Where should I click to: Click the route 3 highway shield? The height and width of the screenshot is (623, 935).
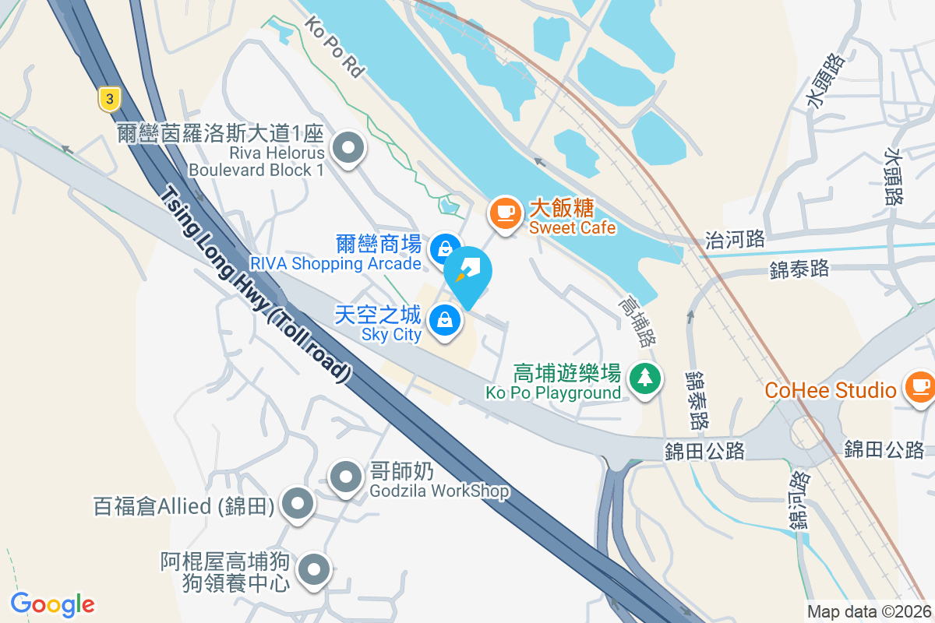point(110,98)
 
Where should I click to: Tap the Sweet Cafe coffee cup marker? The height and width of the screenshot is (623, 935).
point(505,212)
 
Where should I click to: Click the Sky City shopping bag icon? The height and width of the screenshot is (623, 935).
point(444,319)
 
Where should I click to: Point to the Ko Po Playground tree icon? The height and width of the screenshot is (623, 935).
point(644,378)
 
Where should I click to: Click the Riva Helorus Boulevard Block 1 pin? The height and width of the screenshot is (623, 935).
point(348,146)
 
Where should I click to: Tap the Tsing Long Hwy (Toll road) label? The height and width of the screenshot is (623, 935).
point(256,285)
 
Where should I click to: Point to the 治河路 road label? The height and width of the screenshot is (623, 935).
point(734,239)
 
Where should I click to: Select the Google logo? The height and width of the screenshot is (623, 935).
point(52,604)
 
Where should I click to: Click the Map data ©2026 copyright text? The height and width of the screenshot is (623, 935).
point(869,612)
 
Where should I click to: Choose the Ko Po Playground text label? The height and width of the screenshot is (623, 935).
point(553,392)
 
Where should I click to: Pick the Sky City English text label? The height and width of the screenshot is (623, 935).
point(391,335)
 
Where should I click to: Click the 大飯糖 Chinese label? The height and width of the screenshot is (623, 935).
point(562,209)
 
